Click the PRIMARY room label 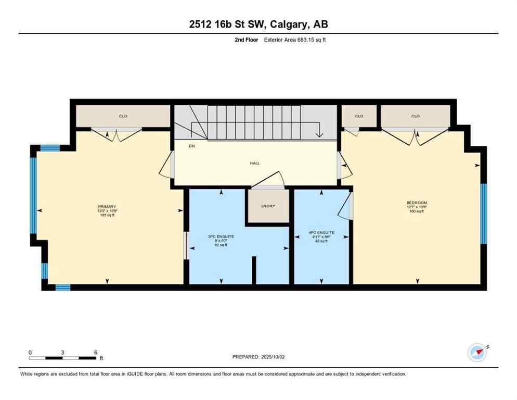(x=107, y=206)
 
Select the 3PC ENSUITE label (x=221, y=236)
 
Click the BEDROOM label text (x=417, y=203)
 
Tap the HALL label (x=254, y=163)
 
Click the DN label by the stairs (x=178, y=146)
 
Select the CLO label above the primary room (x=123, y=116)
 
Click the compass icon (x=477, y=353)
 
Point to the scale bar (x=62, y=358)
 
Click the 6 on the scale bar (x=96, y=352)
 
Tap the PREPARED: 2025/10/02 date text (x=258, y=357)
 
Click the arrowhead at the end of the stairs (x=319, y=135)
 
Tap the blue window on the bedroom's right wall (x=483, y=214)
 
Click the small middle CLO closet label (x=359, y=116)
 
